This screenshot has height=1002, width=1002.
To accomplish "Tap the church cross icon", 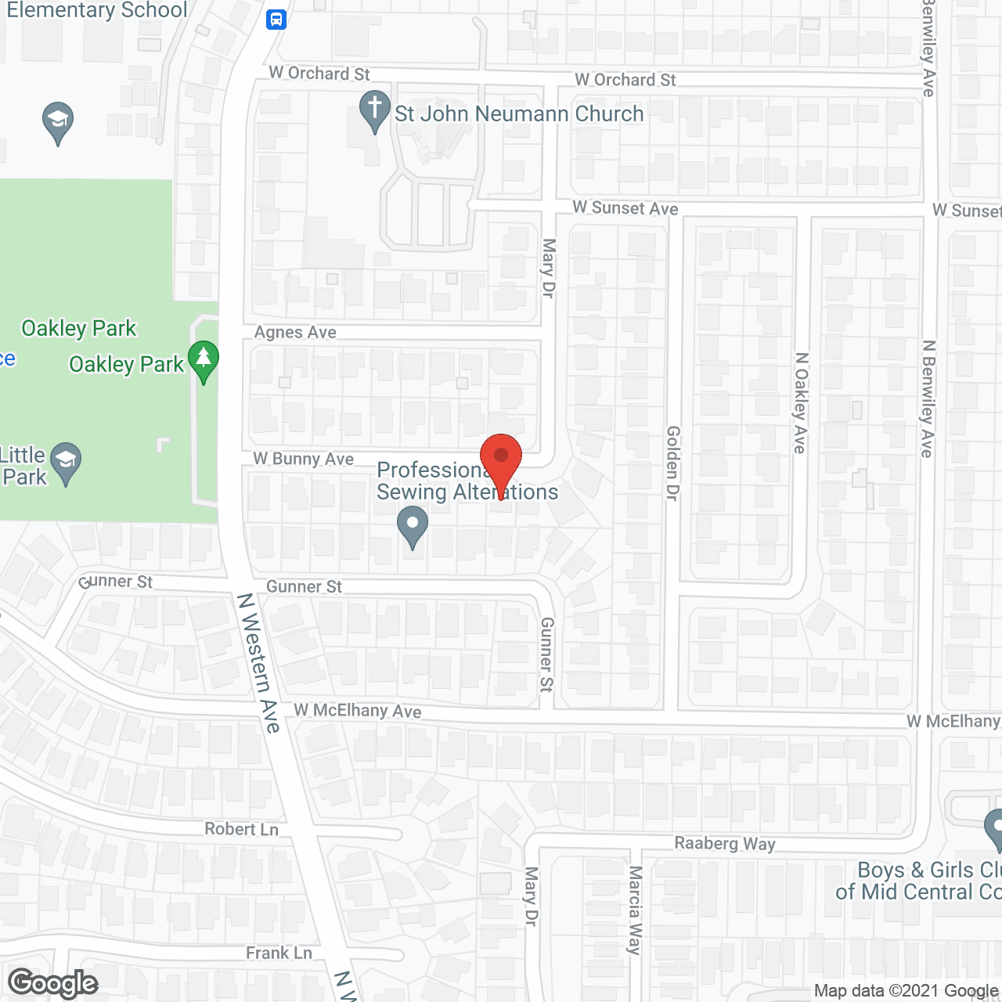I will [375, 110].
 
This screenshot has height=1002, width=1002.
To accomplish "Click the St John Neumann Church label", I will [518, 114].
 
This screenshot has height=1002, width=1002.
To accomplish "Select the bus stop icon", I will [276, 19].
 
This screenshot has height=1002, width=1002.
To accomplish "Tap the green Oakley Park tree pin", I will [204, 360].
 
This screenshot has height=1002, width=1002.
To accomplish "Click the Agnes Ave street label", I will [295, 333].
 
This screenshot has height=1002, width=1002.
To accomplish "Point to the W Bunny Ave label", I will [304, 459].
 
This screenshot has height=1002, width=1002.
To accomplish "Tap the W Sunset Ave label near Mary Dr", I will [625, 208].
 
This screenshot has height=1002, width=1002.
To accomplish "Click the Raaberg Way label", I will [725, 843].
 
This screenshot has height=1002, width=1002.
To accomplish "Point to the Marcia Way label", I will [635, 910].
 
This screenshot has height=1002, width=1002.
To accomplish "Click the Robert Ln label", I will [241, 829].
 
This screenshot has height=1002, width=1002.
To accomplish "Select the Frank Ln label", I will [279, 953].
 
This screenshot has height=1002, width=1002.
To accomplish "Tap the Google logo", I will [53, 983].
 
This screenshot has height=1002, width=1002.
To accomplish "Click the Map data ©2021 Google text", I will [906, 991].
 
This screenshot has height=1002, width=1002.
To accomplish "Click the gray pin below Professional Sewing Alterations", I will [413, 526].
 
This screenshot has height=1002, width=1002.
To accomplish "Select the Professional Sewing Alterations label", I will [467, 481].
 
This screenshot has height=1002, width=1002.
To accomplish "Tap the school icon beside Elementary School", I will [58, 122].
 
